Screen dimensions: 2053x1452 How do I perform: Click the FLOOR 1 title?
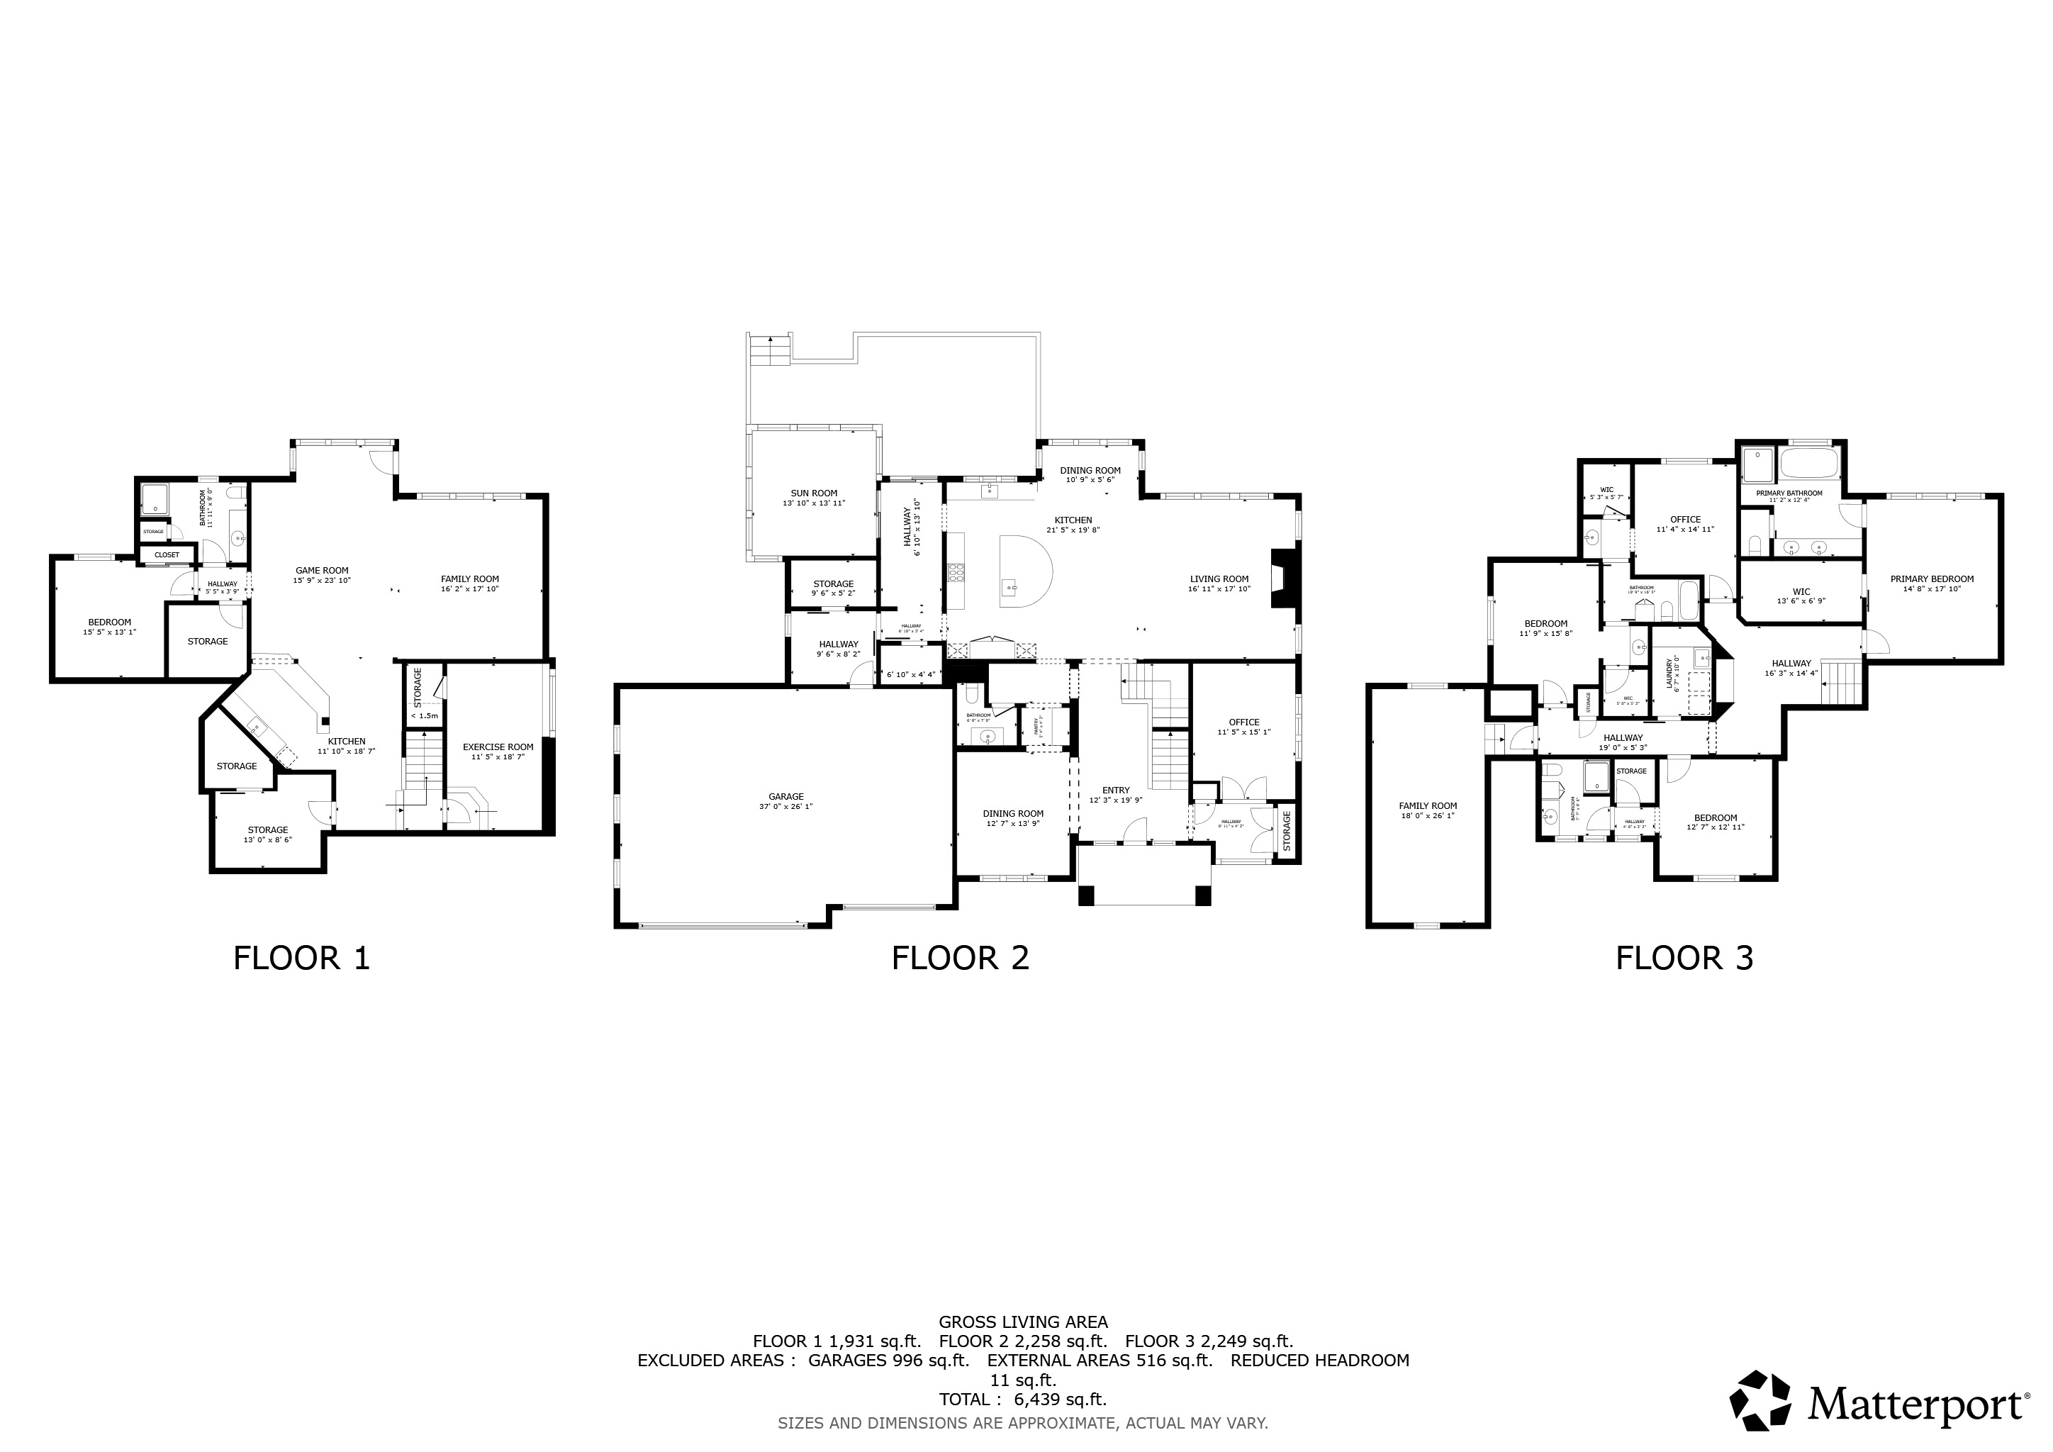(x=301, y=958)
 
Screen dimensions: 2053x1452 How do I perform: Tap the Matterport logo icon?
(x=1760, y=1400)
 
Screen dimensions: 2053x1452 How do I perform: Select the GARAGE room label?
(x=786, y=797)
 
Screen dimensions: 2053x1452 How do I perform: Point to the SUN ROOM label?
(x=814, y=493)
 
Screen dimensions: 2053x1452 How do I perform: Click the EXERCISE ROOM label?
(x=498, y=747)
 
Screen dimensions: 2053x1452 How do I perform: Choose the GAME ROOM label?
(x=322, y=571)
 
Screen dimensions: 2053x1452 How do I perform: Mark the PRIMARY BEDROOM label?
(x=1931, y=579)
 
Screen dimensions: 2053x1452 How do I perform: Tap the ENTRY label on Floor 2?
(x=1115, y=790)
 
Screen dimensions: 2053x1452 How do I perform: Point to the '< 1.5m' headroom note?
(x=424, y=715)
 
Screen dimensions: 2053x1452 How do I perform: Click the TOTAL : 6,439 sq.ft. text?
(x=1022, y=1400)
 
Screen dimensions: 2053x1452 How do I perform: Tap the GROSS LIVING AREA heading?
(x=1023, y=1322)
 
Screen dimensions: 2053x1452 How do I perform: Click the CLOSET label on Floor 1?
(x=167, y=554)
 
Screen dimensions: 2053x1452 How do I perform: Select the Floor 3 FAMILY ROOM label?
(x=1427, y=805)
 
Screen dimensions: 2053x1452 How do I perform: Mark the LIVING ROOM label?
(x=1219, y=579)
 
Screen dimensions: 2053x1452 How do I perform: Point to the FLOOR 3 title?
(x=1684, y=958)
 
